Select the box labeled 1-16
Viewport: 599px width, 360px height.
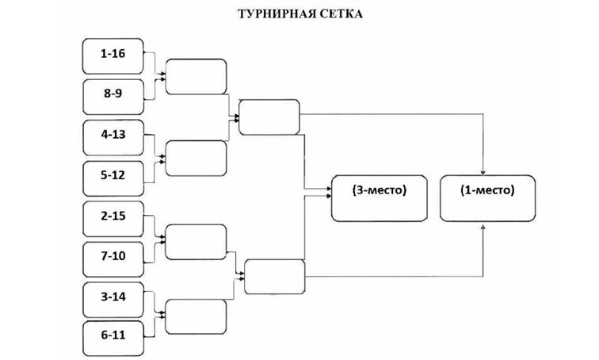(x=113, y=54)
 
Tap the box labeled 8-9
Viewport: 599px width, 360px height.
(x=113, y=94)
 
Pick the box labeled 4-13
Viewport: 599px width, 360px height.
(x=113, y=135)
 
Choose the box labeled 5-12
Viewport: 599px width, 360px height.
(x=113, y=175)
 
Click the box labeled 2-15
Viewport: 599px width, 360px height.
(x=113, y=216)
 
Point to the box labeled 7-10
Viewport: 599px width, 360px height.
(x=113, y=257)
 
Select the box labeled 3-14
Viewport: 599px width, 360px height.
(x=113, y=297)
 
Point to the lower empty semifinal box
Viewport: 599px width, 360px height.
(x=275, y=276)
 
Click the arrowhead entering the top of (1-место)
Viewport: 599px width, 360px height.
(x=484, y=170)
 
